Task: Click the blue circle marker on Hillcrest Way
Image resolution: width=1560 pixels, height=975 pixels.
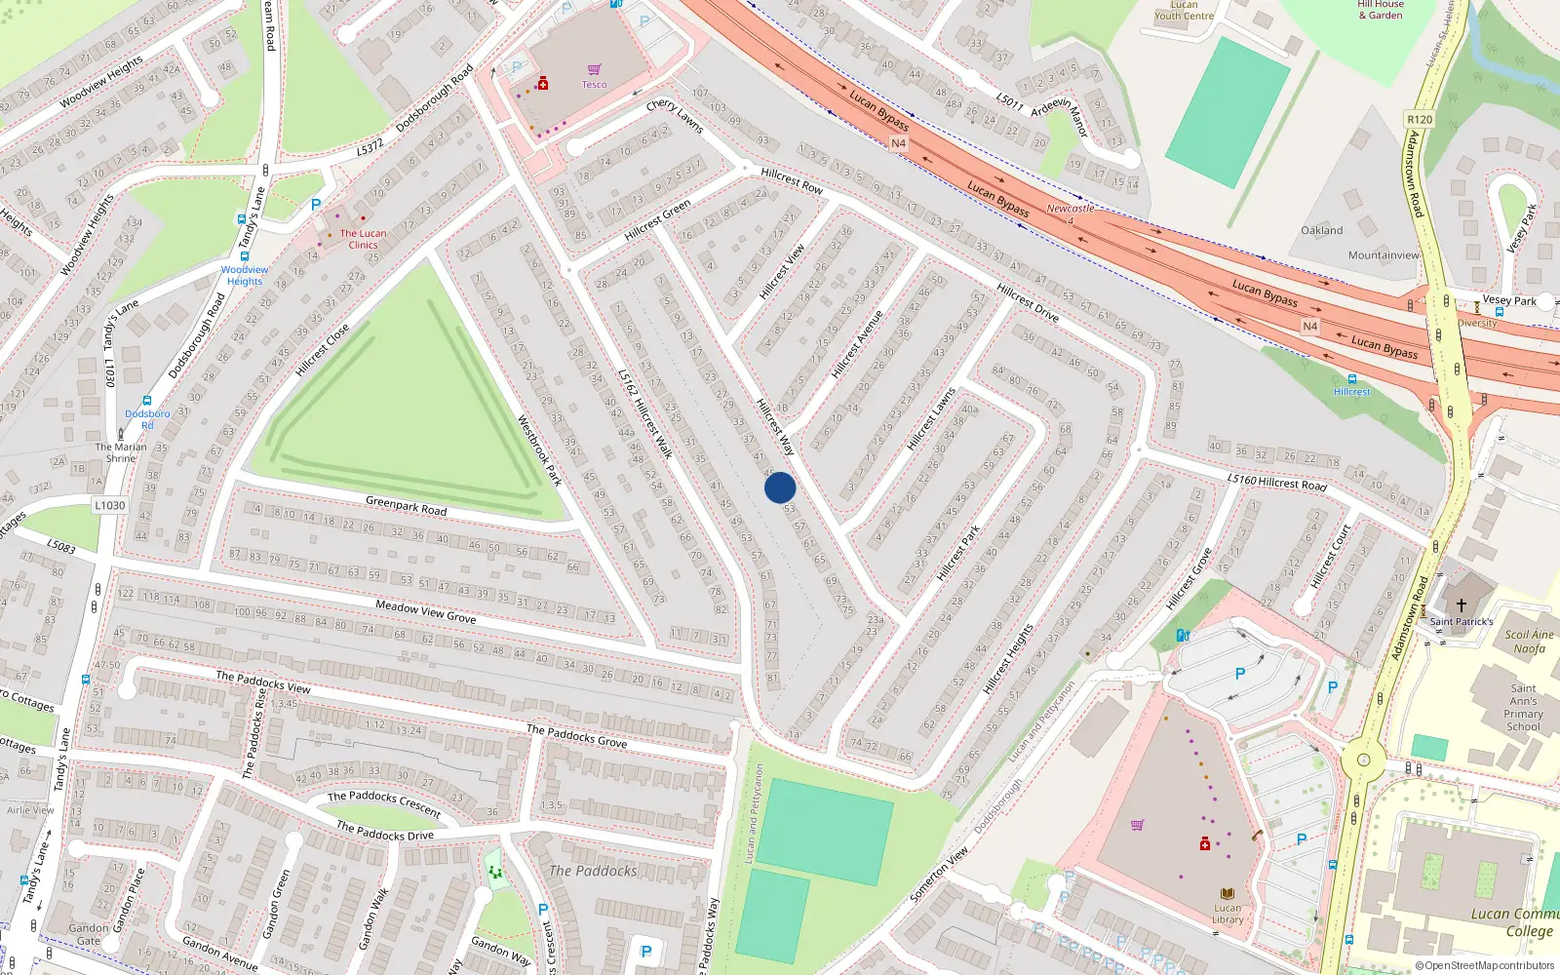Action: [x=780, y=487]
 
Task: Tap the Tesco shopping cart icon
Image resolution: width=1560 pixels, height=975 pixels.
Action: [x=594, y=69]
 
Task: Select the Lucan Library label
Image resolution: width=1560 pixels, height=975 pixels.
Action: [x=1228, y=914]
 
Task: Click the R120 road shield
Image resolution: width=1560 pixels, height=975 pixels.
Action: [x=1420, y=120]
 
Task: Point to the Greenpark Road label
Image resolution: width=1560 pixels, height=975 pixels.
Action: [x=406, y=506]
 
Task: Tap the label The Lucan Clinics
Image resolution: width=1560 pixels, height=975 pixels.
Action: [x=363, y=239]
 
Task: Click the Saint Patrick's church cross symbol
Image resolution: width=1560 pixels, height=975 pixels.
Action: [x=1461, y=605]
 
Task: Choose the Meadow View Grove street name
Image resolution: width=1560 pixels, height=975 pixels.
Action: [x=426, y=611]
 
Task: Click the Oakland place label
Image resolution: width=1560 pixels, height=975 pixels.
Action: [x=1321, y=231]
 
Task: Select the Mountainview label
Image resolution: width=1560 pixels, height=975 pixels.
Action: [x=1384, y=255]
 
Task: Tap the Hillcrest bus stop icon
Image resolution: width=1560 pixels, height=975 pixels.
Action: [x=1351, y=379]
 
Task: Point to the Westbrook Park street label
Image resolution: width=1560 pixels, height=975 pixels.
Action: [x=539, y=450]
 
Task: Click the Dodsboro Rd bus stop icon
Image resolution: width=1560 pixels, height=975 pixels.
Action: [x=147, y=401]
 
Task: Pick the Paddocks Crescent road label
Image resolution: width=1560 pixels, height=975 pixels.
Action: [x=384, y=802]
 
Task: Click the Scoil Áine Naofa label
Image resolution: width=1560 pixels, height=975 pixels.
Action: [x=1529, y=642]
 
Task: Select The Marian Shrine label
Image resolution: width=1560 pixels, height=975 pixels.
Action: [x=121, y=452]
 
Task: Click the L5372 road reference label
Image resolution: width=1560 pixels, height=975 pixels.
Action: [x=370, y=147]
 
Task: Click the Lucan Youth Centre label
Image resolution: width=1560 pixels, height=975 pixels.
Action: [x=1184, y=11]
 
